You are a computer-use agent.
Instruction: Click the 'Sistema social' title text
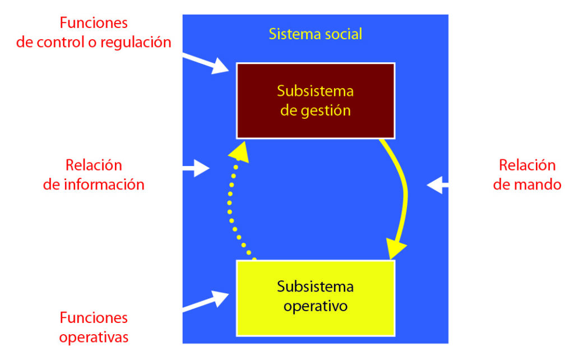[x=316, y=34]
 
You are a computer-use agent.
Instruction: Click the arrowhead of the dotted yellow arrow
[x=239, y=150]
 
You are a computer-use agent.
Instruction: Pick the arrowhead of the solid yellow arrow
[x=397, y=248]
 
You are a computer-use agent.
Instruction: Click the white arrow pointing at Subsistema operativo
[x=207, y=301]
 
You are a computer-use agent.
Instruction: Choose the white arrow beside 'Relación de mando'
[x=437, y=184]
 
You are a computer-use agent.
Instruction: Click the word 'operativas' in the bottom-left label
[x=94, y=337]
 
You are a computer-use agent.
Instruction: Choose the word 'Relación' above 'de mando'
[x=527, y=165]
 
